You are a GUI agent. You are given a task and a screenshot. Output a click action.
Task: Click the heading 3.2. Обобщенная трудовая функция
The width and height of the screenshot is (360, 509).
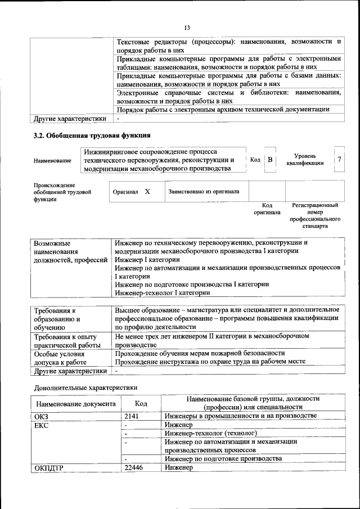tap(92, 136)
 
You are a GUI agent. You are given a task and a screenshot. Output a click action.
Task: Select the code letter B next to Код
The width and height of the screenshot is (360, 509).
tap(270, 160)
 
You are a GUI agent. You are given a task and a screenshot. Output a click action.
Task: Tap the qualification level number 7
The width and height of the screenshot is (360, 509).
tap(339, 160)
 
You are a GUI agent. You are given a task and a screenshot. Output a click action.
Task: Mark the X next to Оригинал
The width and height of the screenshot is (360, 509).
tap(147, 191)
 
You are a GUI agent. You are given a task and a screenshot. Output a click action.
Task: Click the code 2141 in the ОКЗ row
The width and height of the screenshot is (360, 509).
tap(132, 416)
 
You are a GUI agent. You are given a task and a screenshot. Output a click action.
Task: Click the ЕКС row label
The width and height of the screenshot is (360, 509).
tap(42, 425)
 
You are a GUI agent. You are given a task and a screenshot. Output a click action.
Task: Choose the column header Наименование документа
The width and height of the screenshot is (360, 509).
tap(76, 404)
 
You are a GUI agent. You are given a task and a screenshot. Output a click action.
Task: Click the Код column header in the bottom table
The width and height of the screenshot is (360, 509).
tap(141, 404)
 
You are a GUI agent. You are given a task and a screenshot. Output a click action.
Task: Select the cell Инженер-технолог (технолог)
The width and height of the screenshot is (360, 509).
tap(210, 434)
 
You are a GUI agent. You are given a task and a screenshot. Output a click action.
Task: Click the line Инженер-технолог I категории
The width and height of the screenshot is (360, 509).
tap(163, 292)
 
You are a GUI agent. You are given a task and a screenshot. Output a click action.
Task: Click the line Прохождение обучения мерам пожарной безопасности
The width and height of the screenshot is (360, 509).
tap(200, 353)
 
